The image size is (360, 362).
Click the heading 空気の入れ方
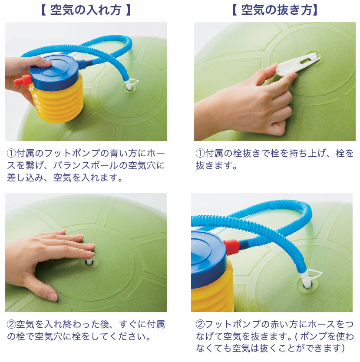coord(86,10)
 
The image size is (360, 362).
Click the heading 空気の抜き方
coord(276,10)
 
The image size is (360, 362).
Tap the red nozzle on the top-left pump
coord(23,81)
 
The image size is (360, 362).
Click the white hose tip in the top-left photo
coord(128,84)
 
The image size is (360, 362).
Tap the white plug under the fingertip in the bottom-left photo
coord(89,262)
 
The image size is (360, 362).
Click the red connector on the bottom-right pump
coord(231,247)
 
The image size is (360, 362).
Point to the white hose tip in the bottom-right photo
coord(306,279)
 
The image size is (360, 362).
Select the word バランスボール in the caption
coord(86,165)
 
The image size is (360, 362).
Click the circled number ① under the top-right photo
coord(200,153)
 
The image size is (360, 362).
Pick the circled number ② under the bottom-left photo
coord(11,324)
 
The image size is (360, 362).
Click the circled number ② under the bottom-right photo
coord(200,324)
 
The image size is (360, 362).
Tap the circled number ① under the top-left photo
coord(11,153)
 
